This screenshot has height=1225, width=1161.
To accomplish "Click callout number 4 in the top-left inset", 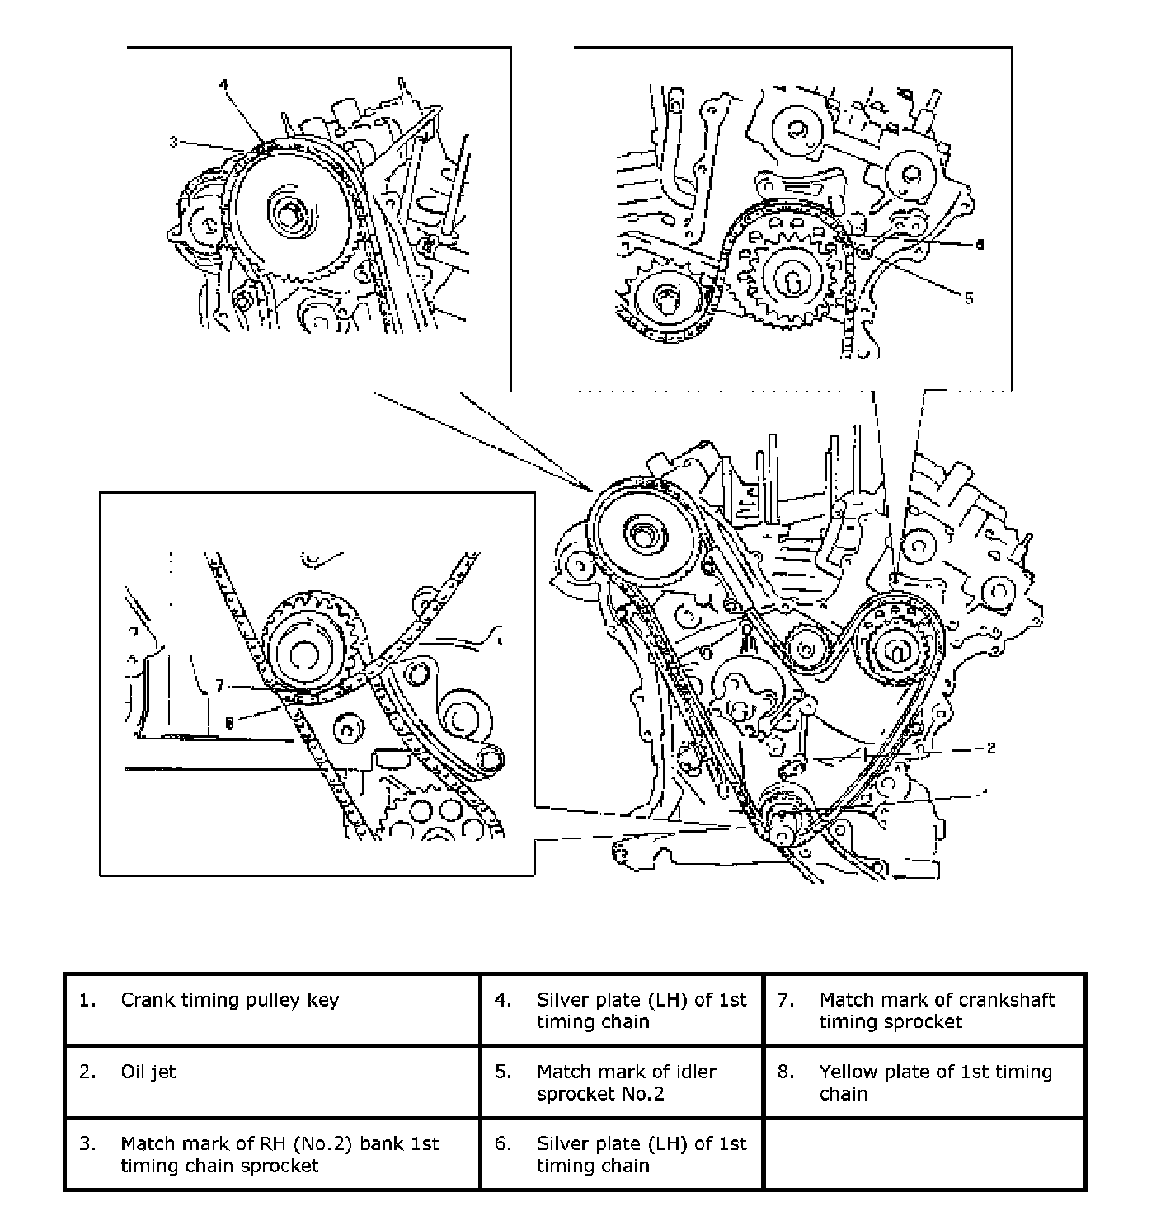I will (223, 84).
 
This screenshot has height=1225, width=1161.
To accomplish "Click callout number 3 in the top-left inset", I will (173, 143).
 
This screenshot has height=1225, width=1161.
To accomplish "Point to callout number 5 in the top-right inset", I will (969, 298).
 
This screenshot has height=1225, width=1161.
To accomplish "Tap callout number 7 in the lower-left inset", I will (219, 685).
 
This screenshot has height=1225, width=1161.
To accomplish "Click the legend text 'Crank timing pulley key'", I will (229, 1000).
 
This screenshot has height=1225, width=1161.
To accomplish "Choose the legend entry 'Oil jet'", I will (148, 1072).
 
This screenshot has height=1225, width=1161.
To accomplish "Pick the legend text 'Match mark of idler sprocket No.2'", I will (626, 1082).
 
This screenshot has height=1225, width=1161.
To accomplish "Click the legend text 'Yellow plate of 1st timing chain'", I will (935, 1082).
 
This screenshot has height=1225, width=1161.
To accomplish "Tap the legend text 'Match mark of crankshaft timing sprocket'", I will (937, 1011).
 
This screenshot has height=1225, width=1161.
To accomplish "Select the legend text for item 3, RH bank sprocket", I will (280, 1154).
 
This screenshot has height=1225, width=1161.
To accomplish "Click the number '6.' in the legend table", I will (503, 1144).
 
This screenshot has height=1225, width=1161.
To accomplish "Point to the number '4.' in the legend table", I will (503, 1000).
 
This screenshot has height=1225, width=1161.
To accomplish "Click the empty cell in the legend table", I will (924, 1154).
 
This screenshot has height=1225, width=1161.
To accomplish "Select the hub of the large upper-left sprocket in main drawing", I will (642, 537).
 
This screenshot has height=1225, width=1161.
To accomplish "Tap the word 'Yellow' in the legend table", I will (847, 1072).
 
